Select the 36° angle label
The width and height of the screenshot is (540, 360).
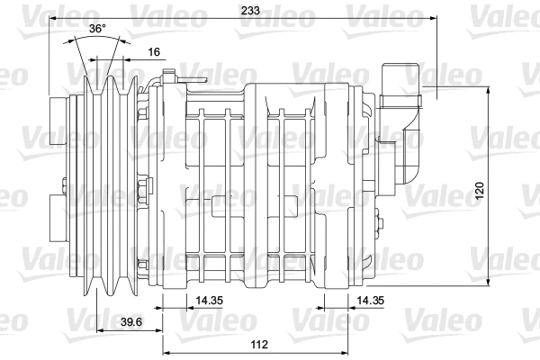[x=97, y=30]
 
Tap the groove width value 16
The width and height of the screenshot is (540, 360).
[x=154, y=52]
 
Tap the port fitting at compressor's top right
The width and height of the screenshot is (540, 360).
[x=400, y=83]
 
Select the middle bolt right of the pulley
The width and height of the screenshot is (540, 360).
[x=142, y=190]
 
